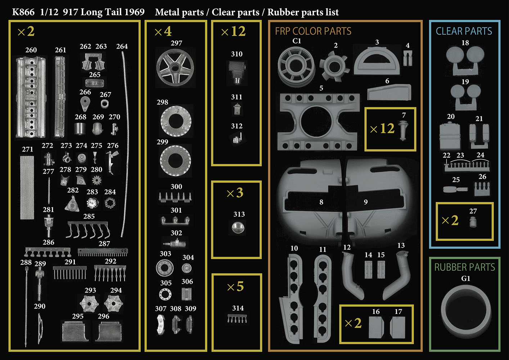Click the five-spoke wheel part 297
pyautogui.click(x=175, y=68)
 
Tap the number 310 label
pyautogui.click(x=237, y=54)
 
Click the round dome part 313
pyautogui.click(x=238, y=228)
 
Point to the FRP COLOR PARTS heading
pyautogui.click(x=313, y=31)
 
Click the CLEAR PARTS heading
pyautogui.click(x=464, y=31)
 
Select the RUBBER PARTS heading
pyautogui.click(x=464, y=267)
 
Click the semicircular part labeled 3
pyautogui.click(x=377, y=61)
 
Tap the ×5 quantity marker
pyautogui.click(x=235, y=287)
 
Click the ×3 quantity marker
pyautogui.click(x=235, y=193)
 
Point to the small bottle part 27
pyautogui.click(x=473, y=222)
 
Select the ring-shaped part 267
pyautogui.click(x=104, y=104)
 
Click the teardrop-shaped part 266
pyautogui.click(x=85, y=104)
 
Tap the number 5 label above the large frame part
pyautogui.click(x=321, y=88)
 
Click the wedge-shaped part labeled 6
pyautogui.click(x=389, y=92)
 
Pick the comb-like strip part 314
pyautogui.click(x=237, y=318)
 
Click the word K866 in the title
pyautogui.click(x=23, y=12)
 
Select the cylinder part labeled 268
pyautogui.click(x=80, y=129)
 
